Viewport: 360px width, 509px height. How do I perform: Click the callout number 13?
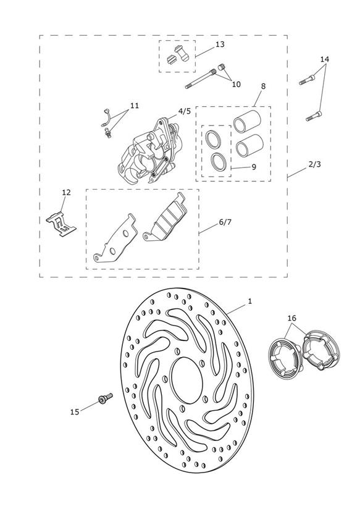pos(220,44)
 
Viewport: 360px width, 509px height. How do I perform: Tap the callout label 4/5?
pos(185,111)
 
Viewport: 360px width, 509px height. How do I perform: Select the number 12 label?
pos(66,193)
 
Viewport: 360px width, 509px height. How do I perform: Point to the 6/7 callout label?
pos(225,222)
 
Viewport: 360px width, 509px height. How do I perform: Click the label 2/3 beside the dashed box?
pos(314,164)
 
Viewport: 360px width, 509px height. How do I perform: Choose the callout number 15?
pos(75,411)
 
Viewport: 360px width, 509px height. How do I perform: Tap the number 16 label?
pos(292,318)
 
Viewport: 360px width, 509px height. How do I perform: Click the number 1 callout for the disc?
pos(249,301)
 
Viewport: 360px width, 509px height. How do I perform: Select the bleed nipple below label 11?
pos(108,132)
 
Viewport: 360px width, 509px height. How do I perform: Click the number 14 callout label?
pos(324,59)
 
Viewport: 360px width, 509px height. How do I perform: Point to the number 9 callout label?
pos(254,167)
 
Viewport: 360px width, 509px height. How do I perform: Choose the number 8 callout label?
pos(263,86)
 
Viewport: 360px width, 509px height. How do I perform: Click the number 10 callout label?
pos(236,85)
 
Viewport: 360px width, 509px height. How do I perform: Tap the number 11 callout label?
pos(135,106)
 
